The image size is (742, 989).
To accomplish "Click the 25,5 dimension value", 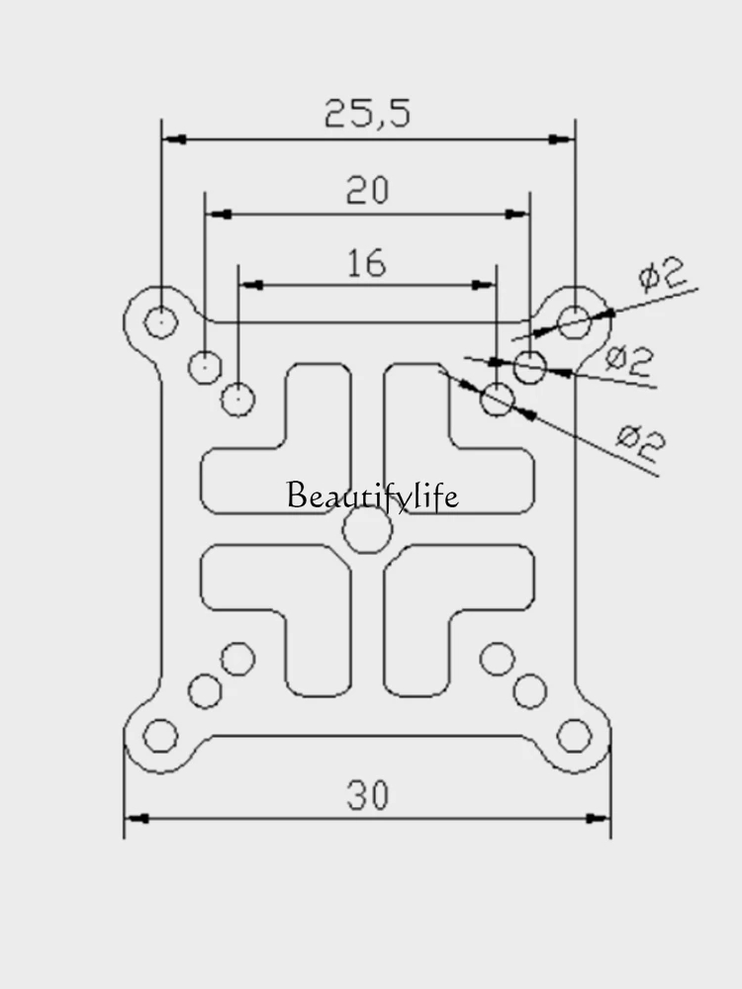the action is (367, 114).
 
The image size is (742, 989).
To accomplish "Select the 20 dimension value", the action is (367, 190).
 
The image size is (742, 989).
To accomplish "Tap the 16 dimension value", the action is (367, 263).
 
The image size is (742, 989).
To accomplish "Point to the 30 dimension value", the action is (368, 795).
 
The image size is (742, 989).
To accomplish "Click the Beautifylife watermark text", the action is (372, 495).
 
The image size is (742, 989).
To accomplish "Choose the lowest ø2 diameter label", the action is (640, 443).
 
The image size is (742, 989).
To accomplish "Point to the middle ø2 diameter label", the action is (629, 360).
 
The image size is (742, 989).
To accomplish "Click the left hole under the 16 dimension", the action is (237, 400).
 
